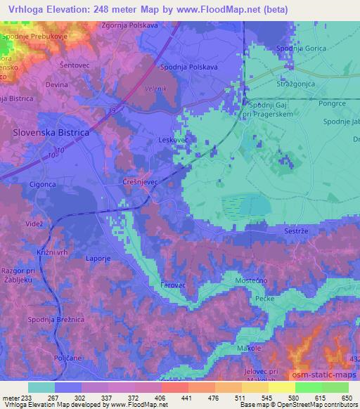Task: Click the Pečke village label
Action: point(264,299)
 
